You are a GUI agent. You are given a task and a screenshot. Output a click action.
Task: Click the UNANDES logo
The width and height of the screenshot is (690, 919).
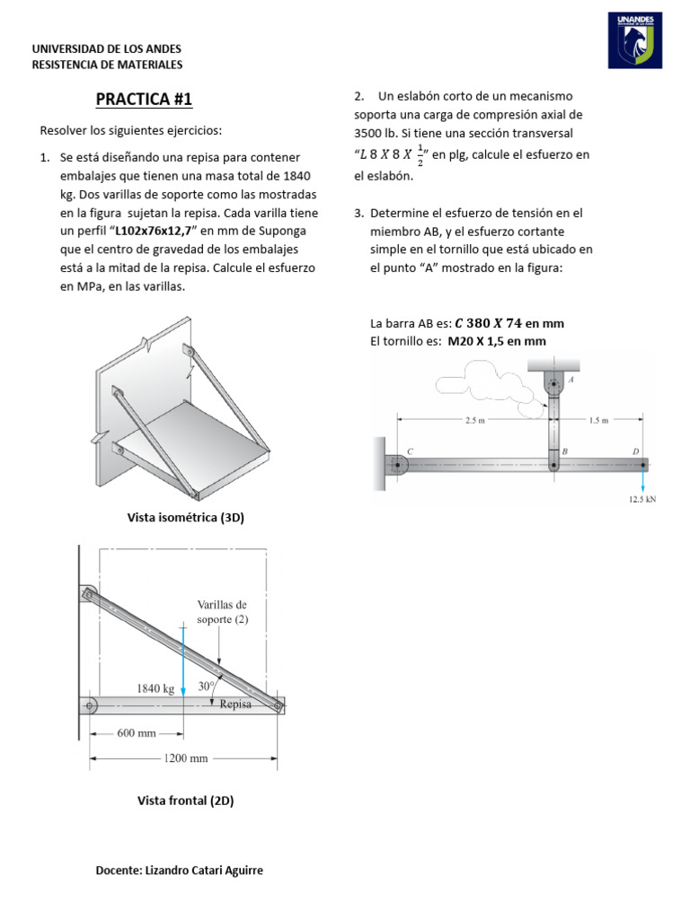pyautogui.click(x=636, y=40)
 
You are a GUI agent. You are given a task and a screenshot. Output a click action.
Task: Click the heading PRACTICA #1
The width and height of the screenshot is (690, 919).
pyautogui.click(x=144, y=99)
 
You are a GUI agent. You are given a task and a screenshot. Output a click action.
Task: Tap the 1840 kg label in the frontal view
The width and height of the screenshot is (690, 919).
pyautogui.click(x=155, y=688)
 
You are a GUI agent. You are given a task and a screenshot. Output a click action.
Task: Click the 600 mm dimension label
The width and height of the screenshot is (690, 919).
pyautogui.click(x=137, y=733)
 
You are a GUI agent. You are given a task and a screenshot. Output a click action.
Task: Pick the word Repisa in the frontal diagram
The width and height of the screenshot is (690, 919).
pyautogui.click(x=236, y=705)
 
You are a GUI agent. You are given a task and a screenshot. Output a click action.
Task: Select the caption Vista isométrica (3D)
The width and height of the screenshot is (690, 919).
pyautogui.click(x=186, y=518)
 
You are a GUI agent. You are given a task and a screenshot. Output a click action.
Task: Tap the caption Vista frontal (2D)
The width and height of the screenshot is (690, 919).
pyautogui.click(x=185, y=801)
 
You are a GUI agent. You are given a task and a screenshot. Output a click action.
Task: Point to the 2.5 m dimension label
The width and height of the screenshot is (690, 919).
pyautogui.click(x=476, y=419)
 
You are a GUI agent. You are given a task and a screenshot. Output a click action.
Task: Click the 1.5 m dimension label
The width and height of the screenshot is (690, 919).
pyautogui.click(x=598, y=419)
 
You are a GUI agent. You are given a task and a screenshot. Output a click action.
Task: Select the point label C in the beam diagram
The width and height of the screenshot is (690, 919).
pyautogui.click(x=411, y=451)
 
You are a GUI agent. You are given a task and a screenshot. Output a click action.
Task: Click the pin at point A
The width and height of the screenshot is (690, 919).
pyautogui.click(x=553, y=382)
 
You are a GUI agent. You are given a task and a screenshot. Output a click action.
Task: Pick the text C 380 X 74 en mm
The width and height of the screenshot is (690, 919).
pyautogui.click(x=509, y=324)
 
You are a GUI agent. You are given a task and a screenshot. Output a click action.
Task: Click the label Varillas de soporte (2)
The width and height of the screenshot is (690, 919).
pyautogui.click(x=222, y=612)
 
